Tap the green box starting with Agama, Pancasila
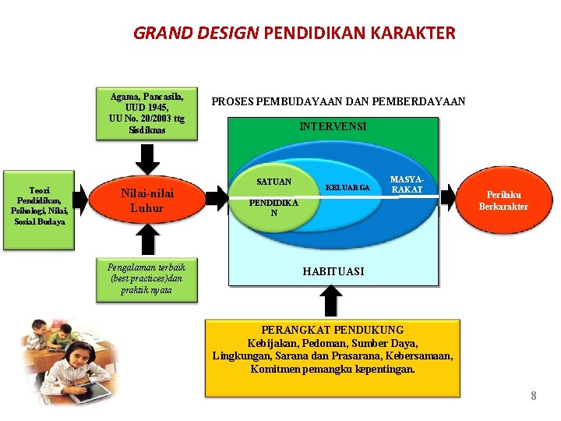click(x=146, y=113)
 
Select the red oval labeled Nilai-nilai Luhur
click(x=146, y=200)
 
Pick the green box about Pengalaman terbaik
click(x=146, y=278)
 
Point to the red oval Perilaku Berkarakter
click(x=507, y=200)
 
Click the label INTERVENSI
click(x=333, y=126)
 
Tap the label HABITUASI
click(x=333, y=271)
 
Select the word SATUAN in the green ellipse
click(x=273, y=182)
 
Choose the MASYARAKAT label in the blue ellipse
click(x=406, y=185)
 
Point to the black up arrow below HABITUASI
click(x=332, y=300)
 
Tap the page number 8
click(x=534, y=396)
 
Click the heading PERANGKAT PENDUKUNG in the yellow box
click(x=333, y=330)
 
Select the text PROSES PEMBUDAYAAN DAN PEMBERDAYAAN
click(x=338, y=101)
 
